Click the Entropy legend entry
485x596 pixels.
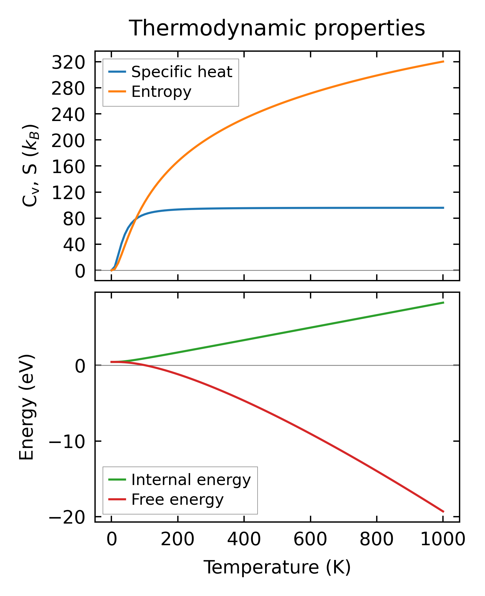[161, 92]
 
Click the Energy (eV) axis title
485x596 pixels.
[27, 407]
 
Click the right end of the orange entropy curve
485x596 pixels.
[443, 61]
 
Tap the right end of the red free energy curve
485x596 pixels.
[443, 512]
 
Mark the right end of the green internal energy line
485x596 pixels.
[443, 303]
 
